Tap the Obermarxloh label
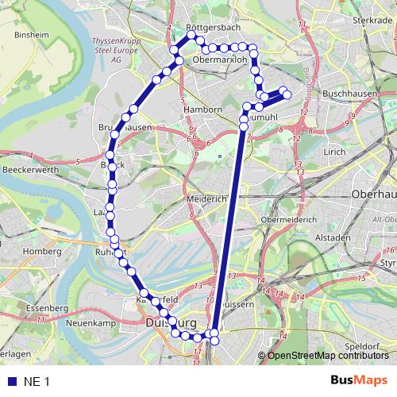[x=221, y=58]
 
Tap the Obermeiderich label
[x=289, y=219]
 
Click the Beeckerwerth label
[x=33, y=169]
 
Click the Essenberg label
[x=47, y=306]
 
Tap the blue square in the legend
[x=10, y=382]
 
